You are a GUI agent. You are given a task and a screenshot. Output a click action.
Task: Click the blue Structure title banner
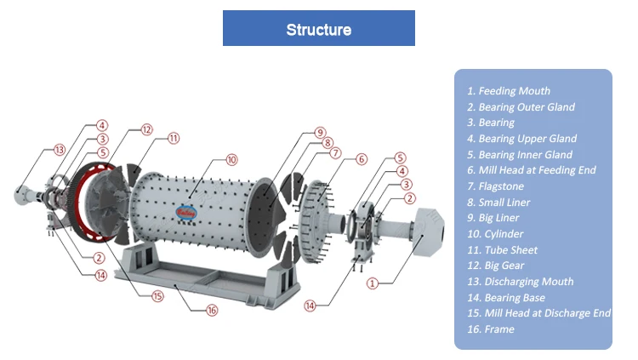(x=318, y=29)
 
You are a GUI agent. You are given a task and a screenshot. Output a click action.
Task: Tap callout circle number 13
(x=60, y=150)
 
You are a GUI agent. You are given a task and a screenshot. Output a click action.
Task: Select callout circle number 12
(x=147, y=130)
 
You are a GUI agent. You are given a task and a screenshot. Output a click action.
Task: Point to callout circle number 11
(x=174, y=138)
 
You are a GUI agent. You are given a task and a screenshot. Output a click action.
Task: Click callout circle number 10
(x=231, y=159)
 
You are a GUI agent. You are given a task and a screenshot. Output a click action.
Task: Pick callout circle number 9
(x=320, y=132)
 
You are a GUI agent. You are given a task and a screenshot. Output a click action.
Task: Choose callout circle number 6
(x=361, y=159)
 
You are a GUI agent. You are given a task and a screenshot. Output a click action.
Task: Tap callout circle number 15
(x=157, y=296)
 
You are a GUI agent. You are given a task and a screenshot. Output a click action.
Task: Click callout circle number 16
(x=212, y=311)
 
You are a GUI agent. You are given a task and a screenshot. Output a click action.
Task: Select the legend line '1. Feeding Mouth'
(x=509, y=91)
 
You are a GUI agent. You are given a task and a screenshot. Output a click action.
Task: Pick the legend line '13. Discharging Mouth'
(x=520, y=282)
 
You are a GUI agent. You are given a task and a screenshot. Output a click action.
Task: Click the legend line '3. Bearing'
(x=490, y=123)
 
